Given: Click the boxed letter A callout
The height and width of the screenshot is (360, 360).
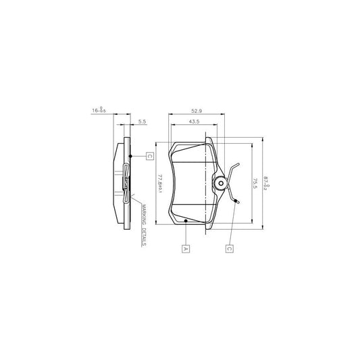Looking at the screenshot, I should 184,249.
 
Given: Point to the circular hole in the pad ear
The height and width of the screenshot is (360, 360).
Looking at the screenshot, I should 219,183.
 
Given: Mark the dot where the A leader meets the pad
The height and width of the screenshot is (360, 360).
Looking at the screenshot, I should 185,220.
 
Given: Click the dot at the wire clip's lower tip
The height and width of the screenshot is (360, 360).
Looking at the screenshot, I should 235,200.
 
